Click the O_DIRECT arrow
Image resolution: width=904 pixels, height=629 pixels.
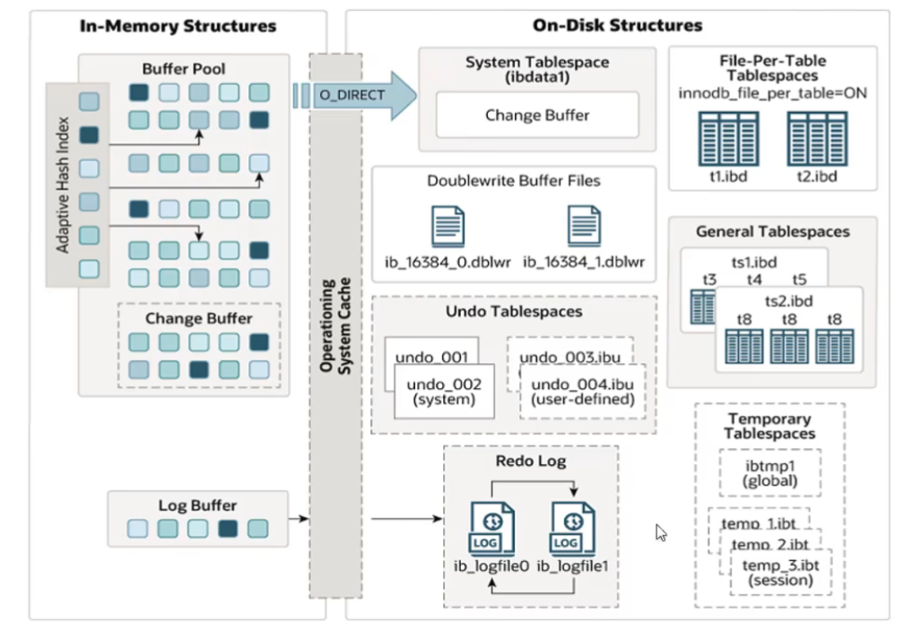pyautogui.click(x=354, y=95)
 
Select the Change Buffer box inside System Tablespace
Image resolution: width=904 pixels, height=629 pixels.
pyautogui.click(x=537, y=115)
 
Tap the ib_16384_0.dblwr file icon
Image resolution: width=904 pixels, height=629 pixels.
pyautogui.click(x=448, y=226)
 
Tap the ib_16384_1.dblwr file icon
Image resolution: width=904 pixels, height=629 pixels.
pyautogui.click(x=584, y=226)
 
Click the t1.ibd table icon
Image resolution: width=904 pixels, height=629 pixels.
pyautogui.click(x=723, y=138)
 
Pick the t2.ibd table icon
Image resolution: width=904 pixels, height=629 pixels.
pyautogui.click(x=816, y=138)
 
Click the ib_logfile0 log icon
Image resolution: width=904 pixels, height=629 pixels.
pyautogui.click(x=491, y=530)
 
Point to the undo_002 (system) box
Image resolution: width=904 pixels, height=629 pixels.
pyautogui.click(x=444, y=392)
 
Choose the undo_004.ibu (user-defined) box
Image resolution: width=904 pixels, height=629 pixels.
pyautogui.click(x=582, y=392)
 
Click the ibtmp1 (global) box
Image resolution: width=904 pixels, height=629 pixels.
pyautogui.click(x=770, y=472)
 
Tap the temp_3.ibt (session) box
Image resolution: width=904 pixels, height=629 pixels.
pyautogui.click(x=780, y=571)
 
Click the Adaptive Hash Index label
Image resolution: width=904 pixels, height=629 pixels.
pyautogui.click(x=63, y=185)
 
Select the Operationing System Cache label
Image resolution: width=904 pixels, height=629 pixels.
pyautogui.click(x=335, y=325)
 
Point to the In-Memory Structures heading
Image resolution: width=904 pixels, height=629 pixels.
pyautogui.click(x=178, y=26)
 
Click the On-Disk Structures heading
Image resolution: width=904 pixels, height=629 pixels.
pyautogui.click(x=617, y=26)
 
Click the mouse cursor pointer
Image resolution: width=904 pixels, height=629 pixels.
pyautogui.click(x=660, y=532)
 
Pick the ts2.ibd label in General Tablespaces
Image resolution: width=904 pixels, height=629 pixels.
pyautogui.click(x=788, y=300)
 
